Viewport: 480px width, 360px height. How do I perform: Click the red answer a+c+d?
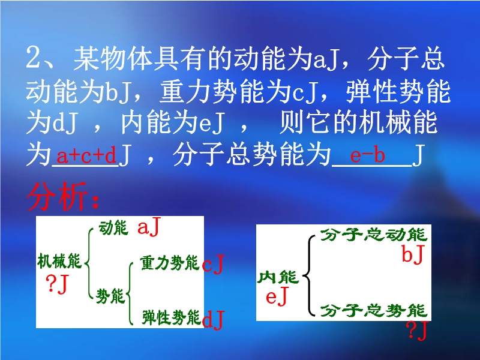86,155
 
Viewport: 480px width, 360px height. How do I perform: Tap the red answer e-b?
367,155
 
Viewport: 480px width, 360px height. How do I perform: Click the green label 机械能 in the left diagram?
59,261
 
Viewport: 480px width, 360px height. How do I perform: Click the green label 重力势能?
170,263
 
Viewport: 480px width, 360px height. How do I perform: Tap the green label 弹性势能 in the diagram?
172,317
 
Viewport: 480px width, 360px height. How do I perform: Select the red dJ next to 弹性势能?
214,319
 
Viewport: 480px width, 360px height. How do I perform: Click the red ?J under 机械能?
57,284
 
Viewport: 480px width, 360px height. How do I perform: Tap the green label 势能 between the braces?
110,296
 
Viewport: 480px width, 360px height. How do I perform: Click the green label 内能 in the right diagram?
278,277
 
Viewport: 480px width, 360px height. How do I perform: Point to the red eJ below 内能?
277,296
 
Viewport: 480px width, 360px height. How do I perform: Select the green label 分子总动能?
373,235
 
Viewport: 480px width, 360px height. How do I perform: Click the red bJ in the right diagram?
413,254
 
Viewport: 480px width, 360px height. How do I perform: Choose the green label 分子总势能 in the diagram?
373,310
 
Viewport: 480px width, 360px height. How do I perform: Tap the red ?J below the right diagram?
416,331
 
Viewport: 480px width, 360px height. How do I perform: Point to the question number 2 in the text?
33,57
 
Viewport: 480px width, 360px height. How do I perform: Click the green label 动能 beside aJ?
113,228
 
